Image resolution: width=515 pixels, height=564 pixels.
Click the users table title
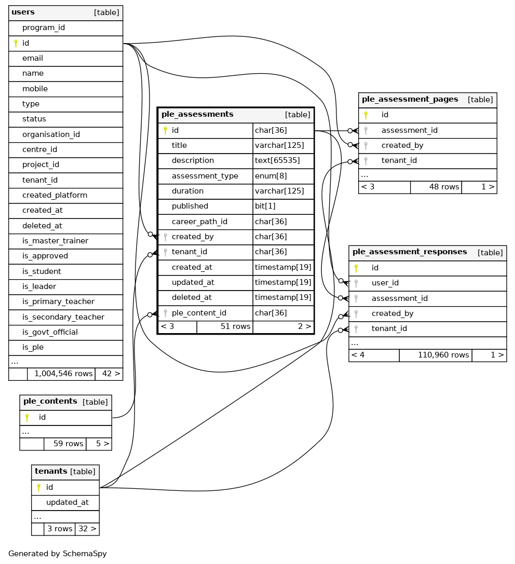[23, 12]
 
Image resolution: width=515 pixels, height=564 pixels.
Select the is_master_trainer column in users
[55, 241]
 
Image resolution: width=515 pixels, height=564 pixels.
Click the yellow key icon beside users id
[16, 43]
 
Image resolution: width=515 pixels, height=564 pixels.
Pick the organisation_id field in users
[51, 134]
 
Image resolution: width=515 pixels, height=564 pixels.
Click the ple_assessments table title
[197, 115]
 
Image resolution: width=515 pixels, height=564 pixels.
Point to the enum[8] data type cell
[270, 176]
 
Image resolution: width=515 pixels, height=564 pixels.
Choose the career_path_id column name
[199, 222]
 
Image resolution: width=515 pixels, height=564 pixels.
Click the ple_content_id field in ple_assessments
[199, 313]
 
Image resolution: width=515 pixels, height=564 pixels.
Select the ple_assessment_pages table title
[410, 100]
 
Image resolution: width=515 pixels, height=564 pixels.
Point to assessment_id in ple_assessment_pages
[409, 130]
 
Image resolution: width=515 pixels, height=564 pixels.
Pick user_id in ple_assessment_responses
[385, 283]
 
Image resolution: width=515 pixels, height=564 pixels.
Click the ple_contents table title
[50, 402]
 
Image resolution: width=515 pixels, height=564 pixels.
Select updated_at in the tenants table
[67, 502]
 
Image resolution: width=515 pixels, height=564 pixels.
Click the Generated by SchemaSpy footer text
[58, 554]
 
